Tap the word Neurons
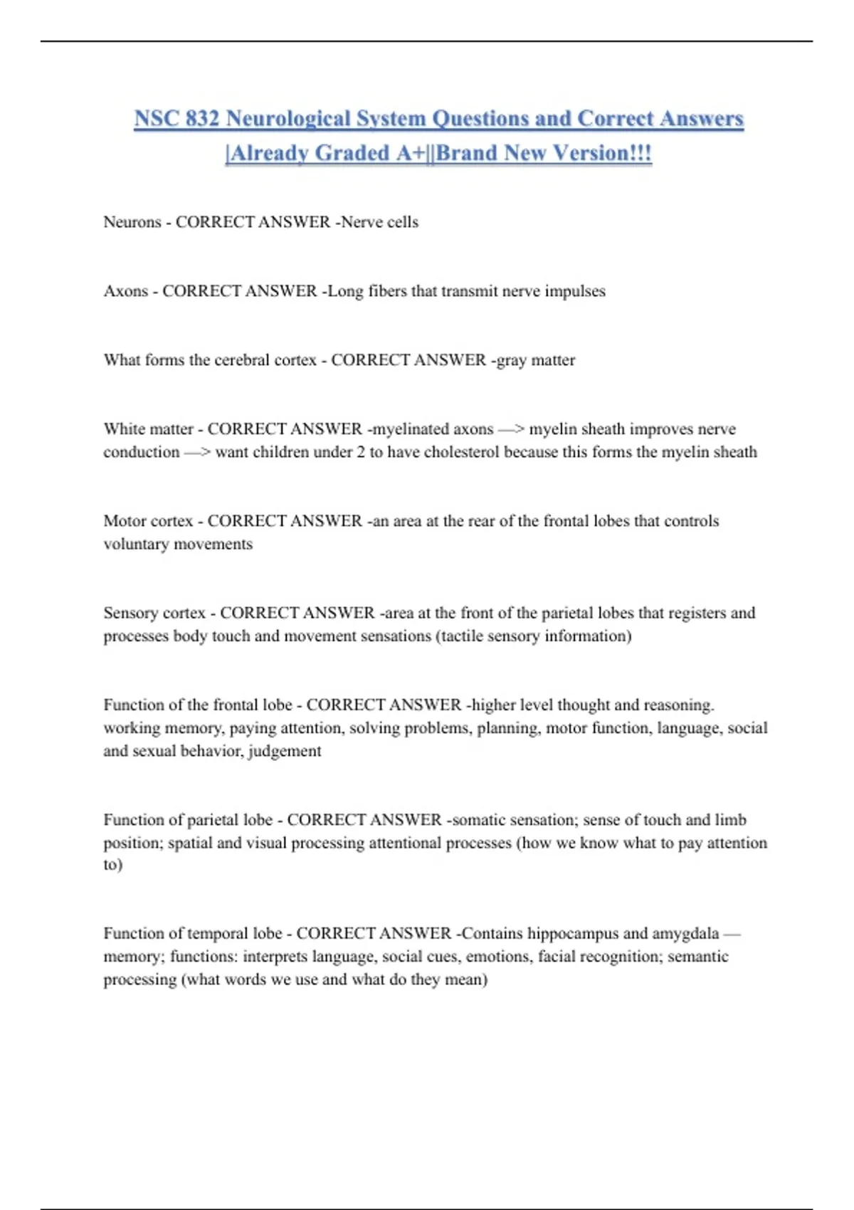tap(132, 222)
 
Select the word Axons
tap(126, 291)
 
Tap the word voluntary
tap(138, 544)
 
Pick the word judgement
tap(285, 752)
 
